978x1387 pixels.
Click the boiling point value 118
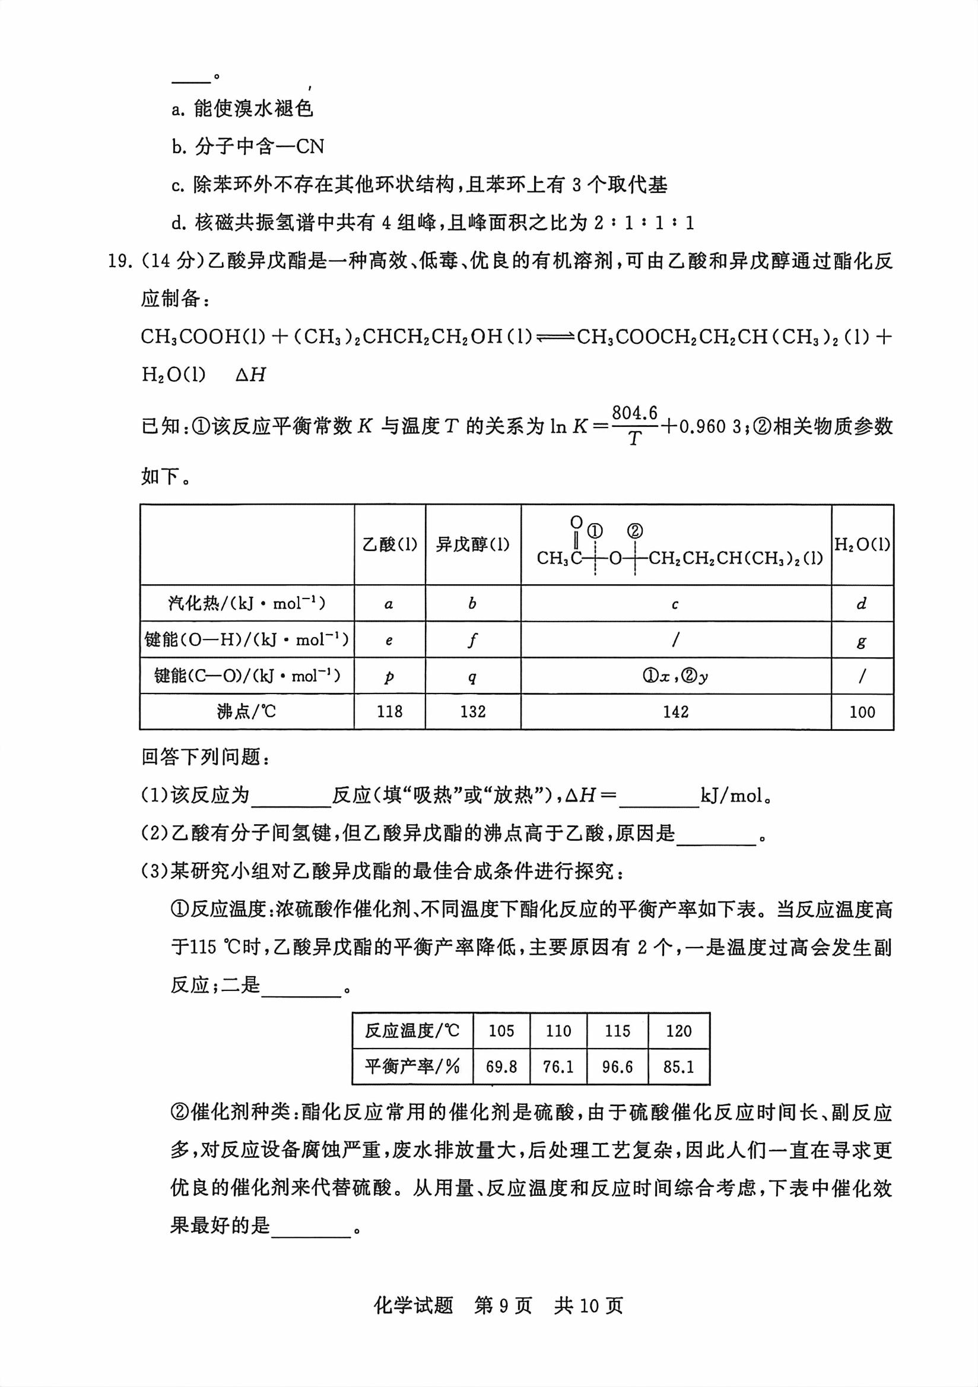pos(389,712)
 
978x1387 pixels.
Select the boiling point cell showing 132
pos(473,712)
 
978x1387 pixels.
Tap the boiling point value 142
pos(675,712)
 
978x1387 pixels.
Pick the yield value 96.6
pos(617,1067)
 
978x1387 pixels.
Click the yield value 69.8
pos(501,1067)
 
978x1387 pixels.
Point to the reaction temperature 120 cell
pos(678,1031)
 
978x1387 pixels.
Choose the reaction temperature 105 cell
pos(501,1031)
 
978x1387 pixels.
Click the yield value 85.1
pos(678,1067)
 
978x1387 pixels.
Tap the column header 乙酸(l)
pos(389,544)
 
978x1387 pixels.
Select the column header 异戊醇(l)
pos(473,544)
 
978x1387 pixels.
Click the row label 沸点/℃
pos(246,712)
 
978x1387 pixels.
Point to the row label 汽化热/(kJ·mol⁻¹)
pos(246,603)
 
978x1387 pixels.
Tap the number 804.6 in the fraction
pos(634,413)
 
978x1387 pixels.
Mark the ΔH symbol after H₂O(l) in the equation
pos(250,375)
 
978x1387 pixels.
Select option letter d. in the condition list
pos(179,223)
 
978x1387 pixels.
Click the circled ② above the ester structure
pos(634,531)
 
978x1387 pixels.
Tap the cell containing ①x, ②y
pos(675,676)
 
